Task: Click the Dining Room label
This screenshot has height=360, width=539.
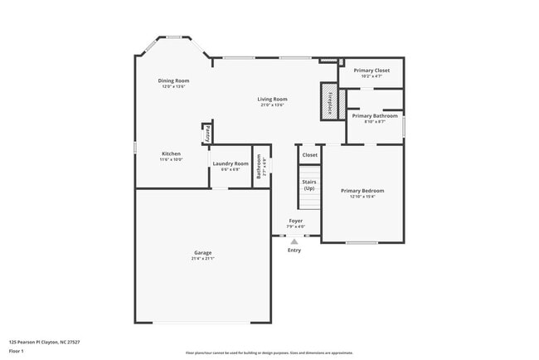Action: click(x=174, y=80)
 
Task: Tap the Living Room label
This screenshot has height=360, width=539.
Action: click(x=272, y=100)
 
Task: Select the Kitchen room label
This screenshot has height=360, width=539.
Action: click(x=171, y=153)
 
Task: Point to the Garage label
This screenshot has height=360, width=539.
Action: click(x=203, y=252)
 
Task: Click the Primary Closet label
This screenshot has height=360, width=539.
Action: click(x=371, y=71)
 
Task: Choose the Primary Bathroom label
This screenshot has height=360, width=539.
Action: click(x=375, y=116)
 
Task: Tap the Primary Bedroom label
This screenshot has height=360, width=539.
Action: click(x=362, y=191)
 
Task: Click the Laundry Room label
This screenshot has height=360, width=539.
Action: click(x=230, y=163)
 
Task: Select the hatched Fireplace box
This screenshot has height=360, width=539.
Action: click(x=329, y=102)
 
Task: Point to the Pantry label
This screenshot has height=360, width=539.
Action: click(x=206, y=133)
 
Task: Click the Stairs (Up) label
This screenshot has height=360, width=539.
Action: click(x=308, y=184)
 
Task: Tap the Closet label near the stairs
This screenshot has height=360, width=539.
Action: click(x=309, y=155)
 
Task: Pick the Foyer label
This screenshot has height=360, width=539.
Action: click(x=295, y=221)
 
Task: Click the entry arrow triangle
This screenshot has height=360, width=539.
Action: click(x=294, y=241)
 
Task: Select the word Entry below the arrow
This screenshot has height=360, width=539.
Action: click(x=294, y=250)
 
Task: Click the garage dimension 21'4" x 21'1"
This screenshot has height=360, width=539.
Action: click(x=203, y=259)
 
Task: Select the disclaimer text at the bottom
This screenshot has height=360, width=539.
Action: click(x=269, y=353)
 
